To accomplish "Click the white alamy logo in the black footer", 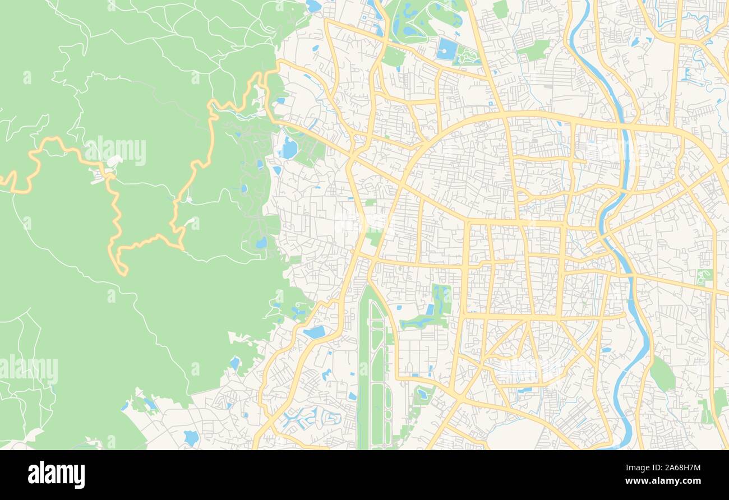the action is (56, 474).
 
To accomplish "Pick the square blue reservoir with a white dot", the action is (447, 49).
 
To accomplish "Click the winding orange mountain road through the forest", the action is (115, 213).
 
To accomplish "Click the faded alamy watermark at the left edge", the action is (28, 368).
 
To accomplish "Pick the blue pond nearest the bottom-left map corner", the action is (191, 437).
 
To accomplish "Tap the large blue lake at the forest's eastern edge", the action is (289, 149).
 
